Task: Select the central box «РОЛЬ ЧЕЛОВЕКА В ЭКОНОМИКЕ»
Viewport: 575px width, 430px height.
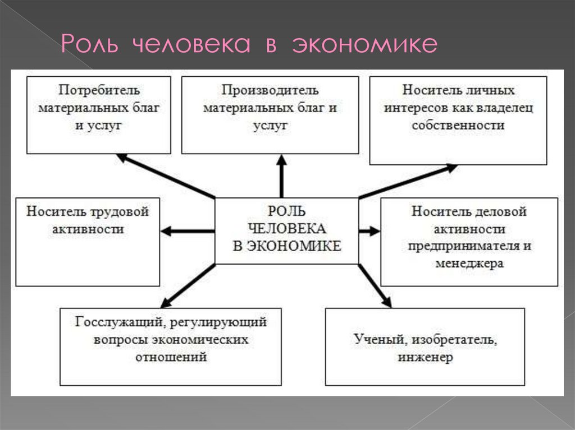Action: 287,230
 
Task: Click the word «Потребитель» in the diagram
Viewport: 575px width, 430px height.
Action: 99,90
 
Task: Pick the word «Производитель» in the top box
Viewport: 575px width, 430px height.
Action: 270,90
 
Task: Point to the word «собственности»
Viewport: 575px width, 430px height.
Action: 458,125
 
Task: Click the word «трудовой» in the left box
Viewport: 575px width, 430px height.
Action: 122,212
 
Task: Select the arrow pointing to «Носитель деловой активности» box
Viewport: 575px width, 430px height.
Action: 369,230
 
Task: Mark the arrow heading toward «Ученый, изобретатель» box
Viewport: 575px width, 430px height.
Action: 375,285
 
